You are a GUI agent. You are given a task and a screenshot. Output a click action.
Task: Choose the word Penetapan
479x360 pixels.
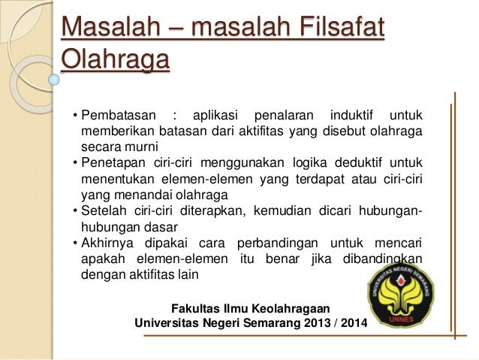[116, 163]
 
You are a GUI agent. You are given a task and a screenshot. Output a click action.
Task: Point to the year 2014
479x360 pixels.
[346, 325]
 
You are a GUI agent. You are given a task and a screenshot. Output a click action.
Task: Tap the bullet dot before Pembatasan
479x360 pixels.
[75, 116]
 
